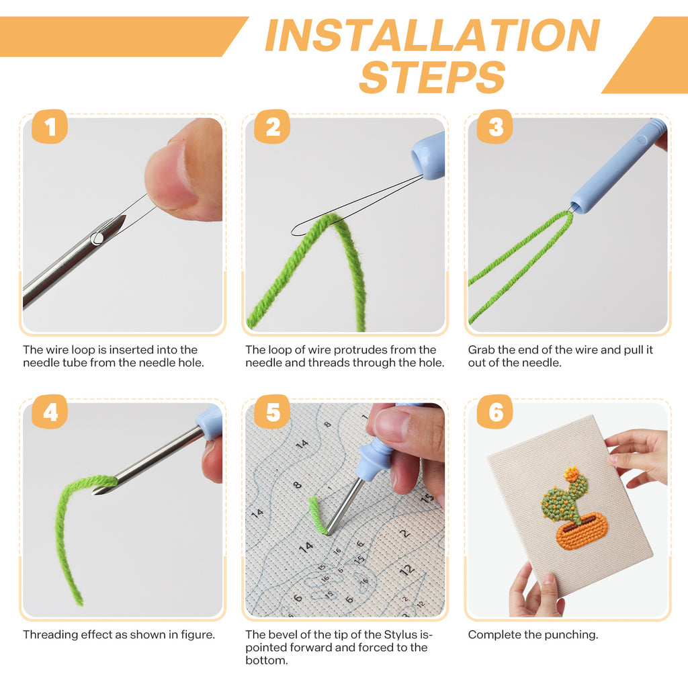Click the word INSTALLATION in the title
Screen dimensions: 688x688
(432, 35)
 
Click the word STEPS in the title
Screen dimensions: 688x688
(432, 77)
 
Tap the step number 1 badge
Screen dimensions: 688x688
(50, 126)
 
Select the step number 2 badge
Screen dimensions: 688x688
(272, 126)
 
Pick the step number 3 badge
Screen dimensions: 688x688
(495, 126)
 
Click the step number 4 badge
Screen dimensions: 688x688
(50, 412)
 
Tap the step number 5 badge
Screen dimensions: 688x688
(272, 412)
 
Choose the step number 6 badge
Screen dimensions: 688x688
(495, 412)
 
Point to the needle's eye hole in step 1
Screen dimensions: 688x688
(98, 236)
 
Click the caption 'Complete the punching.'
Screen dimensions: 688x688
(533, 634)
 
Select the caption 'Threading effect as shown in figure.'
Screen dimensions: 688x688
(119, 634)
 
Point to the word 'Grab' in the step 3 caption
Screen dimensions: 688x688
(482, 350)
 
